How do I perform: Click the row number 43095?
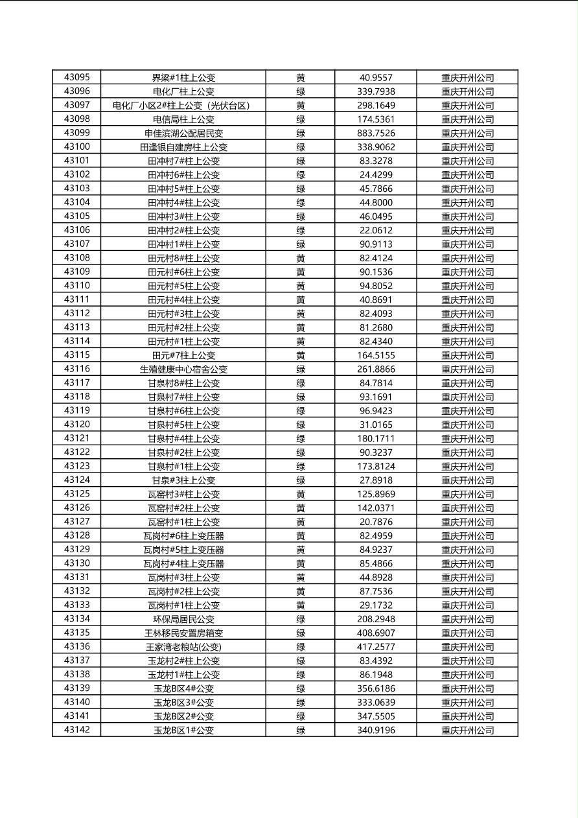coord(77,78)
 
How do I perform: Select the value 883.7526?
coord(376,134)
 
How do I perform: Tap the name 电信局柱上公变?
coord(183,119)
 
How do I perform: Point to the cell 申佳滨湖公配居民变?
coord(183,134)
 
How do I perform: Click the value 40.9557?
coord(376,78)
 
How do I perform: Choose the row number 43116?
coord(77,369)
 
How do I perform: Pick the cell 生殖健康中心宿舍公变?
coord(183,369)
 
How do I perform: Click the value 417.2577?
coord(376,647)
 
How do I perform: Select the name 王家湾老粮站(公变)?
coord(183,647)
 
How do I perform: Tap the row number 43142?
coord(77,730)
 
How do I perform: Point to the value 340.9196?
coord(376,730)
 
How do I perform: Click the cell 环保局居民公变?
coord(183,619)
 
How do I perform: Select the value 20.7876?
coord(376,522)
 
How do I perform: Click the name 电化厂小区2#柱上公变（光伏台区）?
coord(181,106)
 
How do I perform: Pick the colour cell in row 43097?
coord(301,106)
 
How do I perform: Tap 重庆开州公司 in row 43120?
coord(467,425)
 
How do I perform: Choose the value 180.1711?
coord(376,439)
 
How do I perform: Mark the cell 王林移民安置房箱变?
coord(183,633)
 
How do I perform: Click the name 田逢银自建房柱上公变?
coord(183,147)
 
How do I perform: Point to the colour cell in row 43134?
coord(301,619)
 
